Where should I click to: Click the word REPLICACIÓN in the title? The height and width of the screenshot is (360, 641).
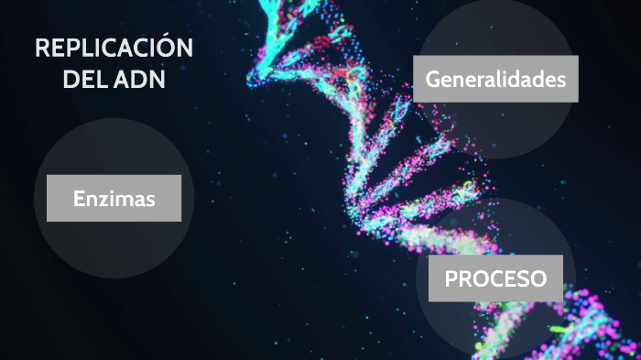coord(114,49)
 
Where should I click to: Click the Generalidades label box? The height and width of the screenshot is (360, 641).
coord(495,79)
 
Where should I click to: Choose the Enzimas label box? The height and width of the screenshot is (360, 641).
coord(114,198)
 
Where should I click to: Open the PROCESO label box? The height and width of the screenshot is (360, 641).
coord(495,278)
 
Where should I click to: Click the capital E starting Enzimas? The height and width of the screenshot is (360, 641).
coord(80,199)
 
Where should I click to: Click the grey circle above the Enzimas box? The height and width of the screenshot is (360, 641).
coord(114,147)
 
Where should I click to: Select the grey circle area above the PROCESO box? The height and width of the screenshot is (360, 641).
coord(495,229)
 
